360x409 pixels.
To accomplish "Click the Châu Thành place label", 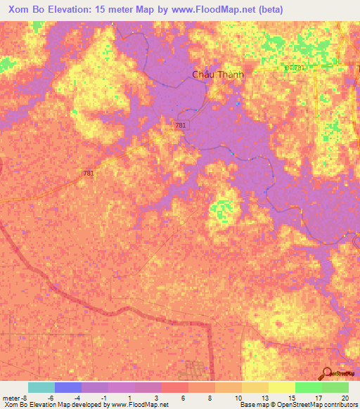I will coord(218,74).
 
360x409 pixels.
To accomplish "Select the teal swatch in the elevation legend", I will coord(41,387).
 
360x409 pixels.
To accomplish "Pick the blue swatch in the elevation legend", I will coord(68,387).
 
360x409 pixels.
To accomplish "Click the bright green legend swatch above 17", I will coord(308,387).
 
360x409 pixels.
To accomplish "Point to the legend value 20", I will coord(344,397).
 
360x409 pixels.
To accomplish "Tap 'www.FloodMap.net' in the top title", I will coord(210,10).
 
